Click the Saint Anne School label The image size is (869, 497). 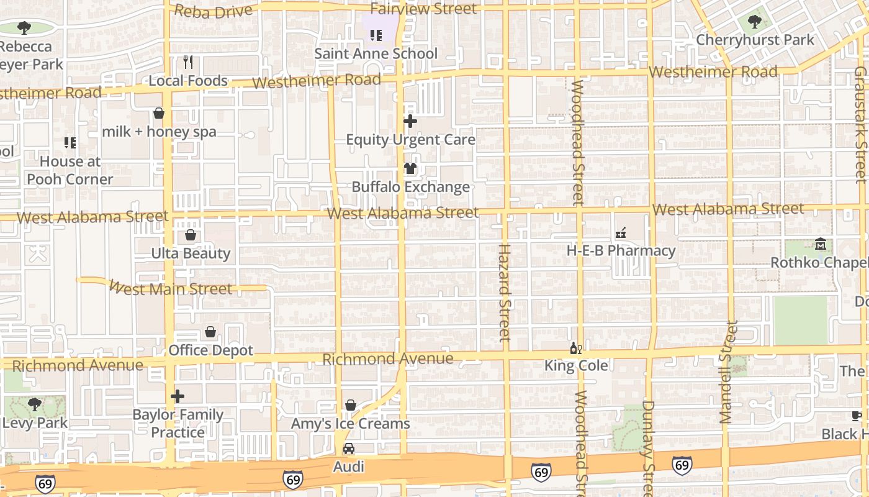click(376, 53)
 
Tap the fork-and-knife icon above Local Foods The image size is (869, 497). click(189, 62)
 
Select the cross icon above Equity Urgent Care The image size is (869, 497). click(410, 121)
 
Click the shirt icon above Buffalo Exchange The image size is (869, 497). click(410, 168)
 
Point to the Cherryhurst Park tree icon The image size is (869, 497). click(755, 22)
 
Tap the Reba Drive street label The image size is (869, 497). click(214, 11)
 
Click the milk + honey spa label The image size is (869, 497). click(159, 132)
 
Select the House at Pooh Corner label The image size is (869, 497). click(70, 170)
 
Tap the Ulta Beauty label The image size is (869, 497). click(191, 253)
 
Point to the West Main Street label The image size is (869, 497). click(170, 288)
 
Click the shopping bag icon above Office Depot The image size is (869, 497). click(210, 332)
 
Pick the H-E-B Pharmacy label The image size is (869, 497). click(621, 251)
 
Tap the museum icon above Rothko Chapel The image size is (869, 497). click(821, 244)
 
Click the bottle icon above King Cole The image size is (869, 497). click(575, 348)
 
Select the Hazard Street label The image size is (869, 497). click(504, 292)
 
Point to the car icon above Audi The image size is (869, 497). click(349, 449)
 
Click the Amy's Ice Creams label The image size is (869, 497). click(351, 424)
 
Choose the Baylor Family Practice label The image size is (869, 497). click(178, 423)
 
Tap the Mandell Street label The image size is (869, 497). click(727, 373)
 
